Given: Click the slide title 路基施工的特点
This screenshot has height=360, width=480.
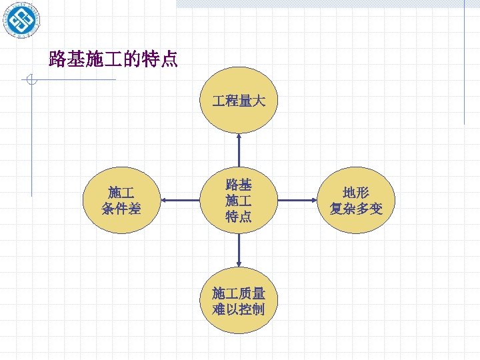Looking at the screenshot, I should (113, 59).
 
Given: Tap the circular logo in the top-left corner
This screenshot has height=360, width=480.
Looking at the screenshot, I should (20, 20).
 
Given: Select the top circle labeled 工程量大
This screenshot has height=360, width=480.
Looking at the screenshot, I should (239, 101).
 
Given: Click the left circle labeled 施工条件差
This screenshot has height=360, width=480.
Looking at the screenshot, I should (121, 200).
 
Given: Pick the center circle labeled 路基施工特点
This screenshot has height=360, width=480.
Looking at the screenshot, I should (239, 200).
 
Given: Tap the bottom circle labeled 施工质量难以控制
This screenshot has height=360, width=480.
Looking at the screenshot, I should (239, 301).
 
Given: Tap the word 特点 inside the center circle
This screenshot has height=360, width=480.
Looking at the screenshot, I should (239, 217).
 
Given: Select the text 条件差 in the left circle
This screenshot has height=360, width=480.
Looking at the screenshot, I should (121, 209).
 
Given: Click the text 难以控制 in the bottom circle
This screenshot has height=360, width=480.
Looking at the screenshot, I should (239, 309).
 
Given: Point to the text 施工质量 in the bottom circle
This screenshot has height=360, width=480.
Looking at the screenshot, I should (239, 293).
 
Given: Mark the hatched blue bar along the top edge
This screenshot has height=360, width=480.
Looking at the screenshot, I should (320, 3).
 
